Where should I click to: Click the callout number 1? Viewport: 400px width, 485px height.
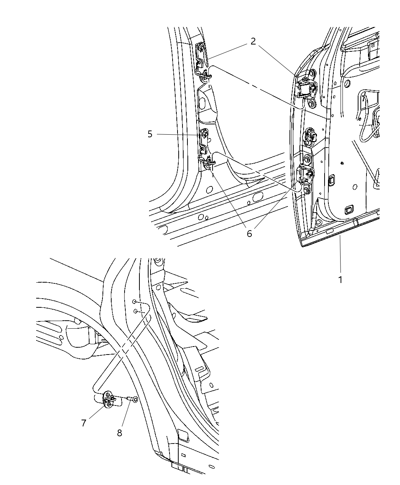(x=340, y=280)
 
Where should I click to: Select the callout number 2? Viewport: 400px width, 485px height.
(x=253, y=41)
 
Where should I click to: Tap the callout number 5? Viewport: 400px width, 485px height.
(x=150, y=134)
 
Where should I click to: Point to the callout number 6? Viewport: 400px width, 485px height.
(x=249, y=234)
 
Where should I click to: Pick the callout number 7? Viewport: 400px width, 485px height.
(x=84, y=423)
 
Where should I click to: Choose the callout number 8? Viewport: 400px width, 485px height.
(x=120, y=433)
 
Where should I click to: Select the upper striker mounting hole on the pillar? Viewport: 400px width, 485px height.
(x=134, y=302)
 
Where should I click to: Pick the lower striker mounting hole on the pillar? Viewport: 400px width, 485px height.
(x=135, y=311)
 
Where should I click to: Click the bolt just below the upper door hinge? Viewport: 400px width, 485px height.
(x=312, y=103)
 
